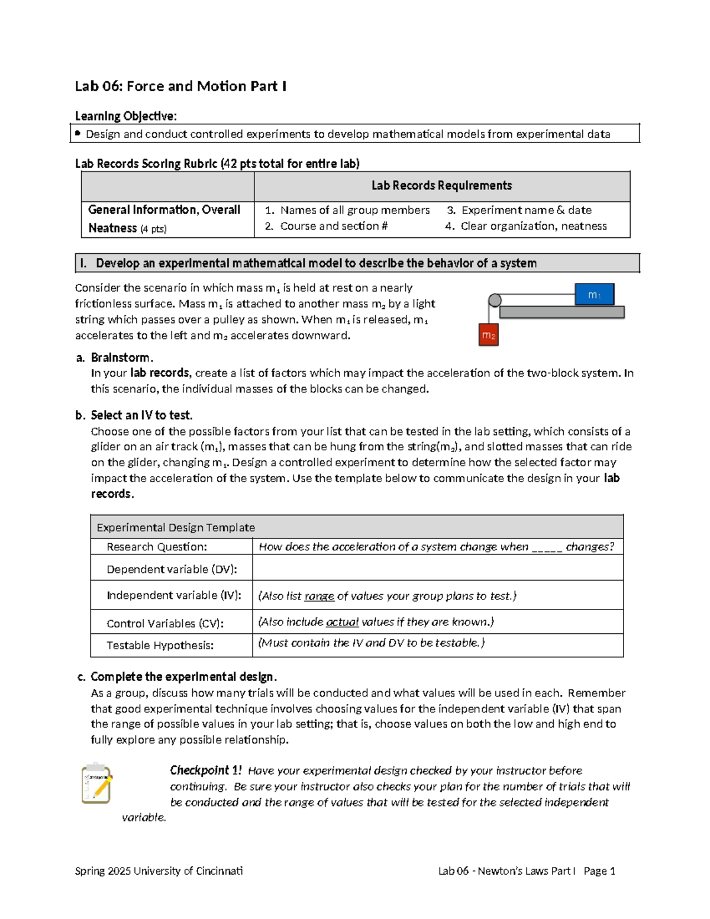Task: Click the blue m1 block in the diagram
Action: (x=594, y=294)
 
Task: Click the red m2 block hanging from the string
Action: (x=488, y=335)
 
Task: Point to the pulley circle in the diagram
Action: (x=495, y=300)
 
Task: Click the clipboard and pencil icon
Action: (x=97, y=783)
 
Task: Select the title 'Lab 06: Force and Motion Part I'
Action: (x=180, y=86)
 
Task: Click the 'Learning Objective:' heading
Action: (x=125, y=116)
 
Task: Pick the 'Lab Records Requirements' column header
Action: (x=441, y=186)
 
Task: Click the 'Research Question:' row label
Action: (x=157, y=547)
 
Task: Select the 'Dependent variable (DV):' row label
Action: (x=172, y=569)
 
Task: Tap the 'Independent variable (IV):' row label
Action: (x=173, y=595)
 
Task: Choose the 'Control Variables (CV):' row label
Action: (x=165, y=623)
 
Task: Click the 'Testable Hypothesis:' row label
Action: (x=160, y=645)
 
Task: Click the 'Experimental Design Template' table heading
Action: (x=176, y=527)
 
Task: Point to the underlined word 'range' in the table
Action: (x=319, y=596)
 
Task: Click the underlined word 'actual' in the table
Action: (x=342, y=622)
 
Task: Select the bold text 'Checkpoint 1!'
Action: (x=205, y=770)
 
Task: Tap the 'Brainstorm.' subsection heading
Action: (x=122, y=357)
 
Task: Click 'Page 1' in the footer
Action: (x=599, y=871)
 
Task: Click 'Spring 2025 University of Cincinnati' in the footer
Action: (x=159, y=871)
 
